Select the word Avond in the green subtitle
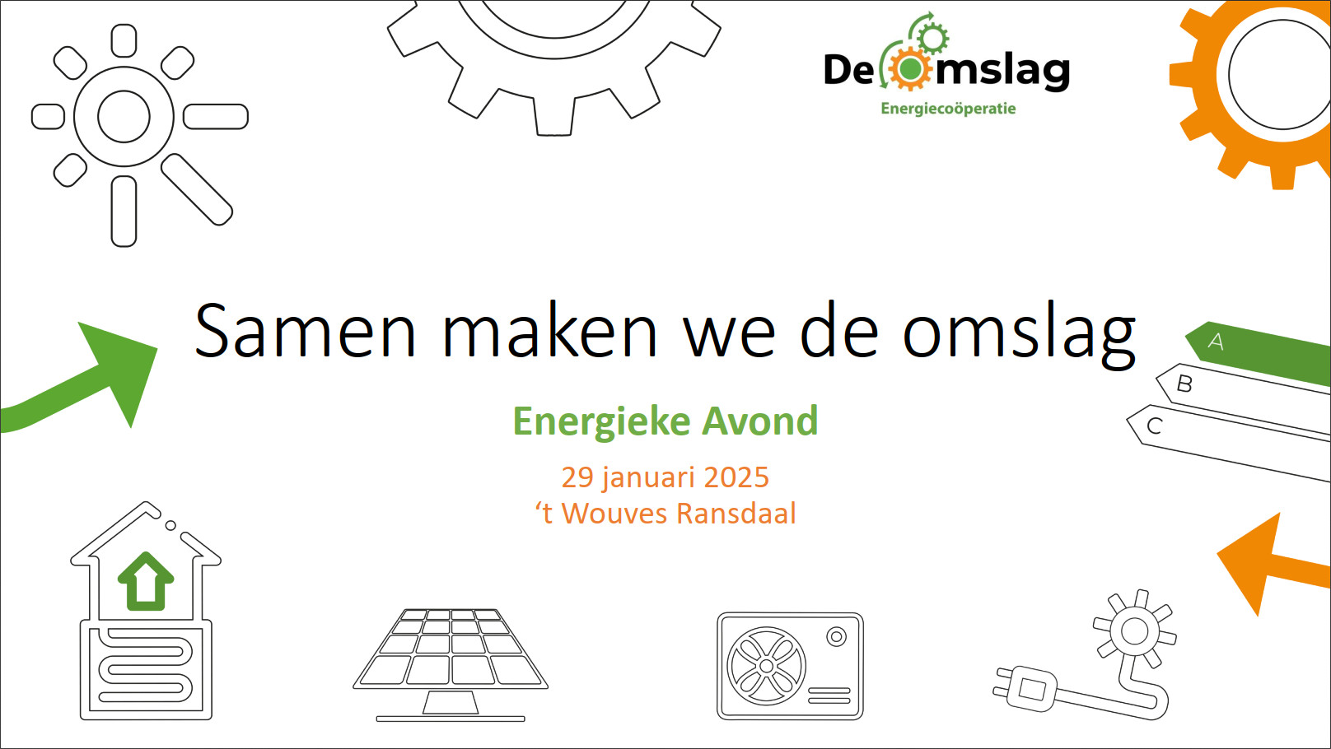coord(760,421)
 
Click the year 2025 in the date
coord(736,477)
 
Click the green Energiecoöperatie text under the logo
coord(948,109)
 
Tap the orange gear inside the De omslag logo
coord(909,69)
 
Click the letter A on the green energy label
coord(1216,341)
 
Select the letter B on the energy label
coord(1184,384)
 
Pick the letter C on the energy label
coord(1154,426)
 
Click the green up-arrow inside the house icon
coord(146,581)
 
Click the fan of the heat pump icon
coord(766,666)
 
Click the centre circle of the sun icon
coord(124,116)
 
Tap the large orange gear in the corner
coord(1200,119)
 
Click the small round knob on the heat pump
coord(837,637)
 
